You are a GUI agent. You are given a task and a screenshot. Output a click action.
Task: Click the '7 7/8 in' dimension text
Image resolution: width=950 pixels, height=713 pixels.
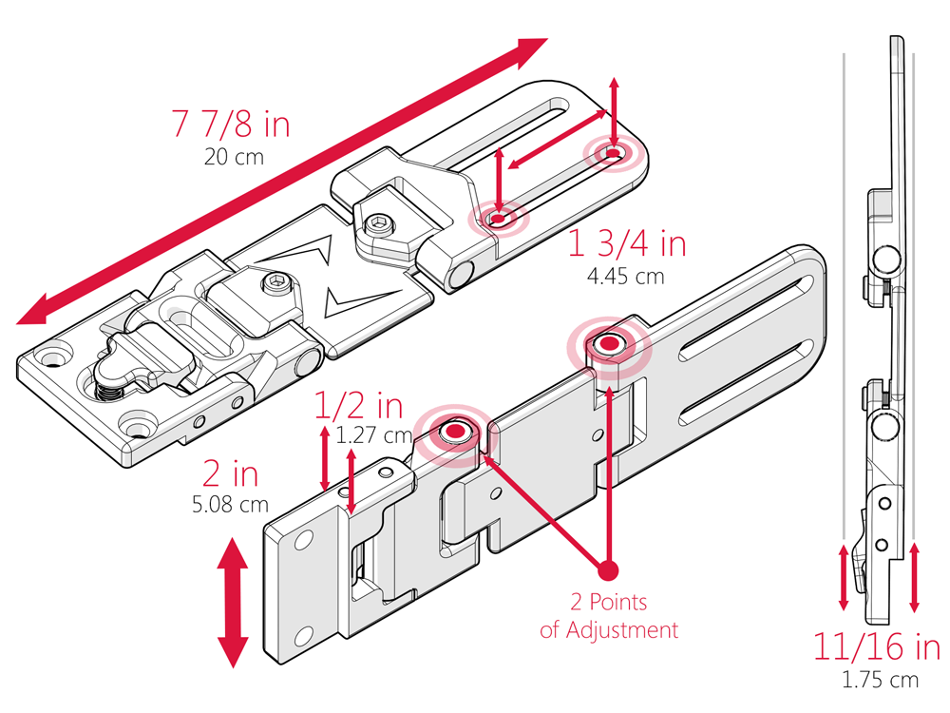pyautogui.click(x=231, y=125)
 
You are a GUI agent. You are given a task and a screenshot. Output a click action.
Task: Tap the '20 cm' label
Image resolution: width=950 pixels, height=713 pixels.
pyautogui.click(x=233, y=156)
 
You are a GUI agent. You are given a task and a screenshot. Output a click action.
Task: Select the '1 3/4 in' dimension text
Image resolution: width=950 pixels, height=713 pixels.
pyautogui.click(x=626, y=245)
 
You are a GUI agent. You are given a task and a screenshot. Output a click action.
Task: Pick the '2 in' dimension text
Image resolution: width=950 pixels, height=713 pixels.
pyautogui.click(x=230, y=473)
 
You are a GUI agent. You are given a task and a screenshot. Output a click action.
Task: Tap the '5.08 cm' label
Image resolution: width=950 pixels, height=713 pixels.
pyautogui.click(x=230, y=505)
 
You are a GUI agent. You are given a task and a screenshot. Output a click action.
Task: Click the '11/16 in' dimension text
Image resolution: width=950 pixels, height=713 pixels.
pyautogui.click(x=876, y=648)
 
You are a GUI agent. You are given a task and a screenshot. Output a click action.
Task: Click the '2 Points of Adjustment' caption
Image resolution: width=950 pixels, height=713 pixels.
pyautogui.click(x=609, y=616)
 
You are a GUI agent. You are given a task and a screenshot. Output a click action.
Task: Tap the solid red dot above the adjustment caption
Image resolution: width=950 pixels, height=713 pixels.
pyautogui.click(x=608, y=570)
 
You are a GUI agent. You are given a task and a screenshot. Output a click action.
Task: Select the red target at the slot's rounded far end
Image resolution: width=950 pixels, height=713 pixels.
pyautogui.click(x=613, y=153)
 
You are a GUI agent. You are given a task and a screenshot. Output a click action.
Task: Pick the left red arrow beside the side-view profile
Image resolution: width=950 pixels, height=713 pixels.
pyautogui.click(x=844, y=577)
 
